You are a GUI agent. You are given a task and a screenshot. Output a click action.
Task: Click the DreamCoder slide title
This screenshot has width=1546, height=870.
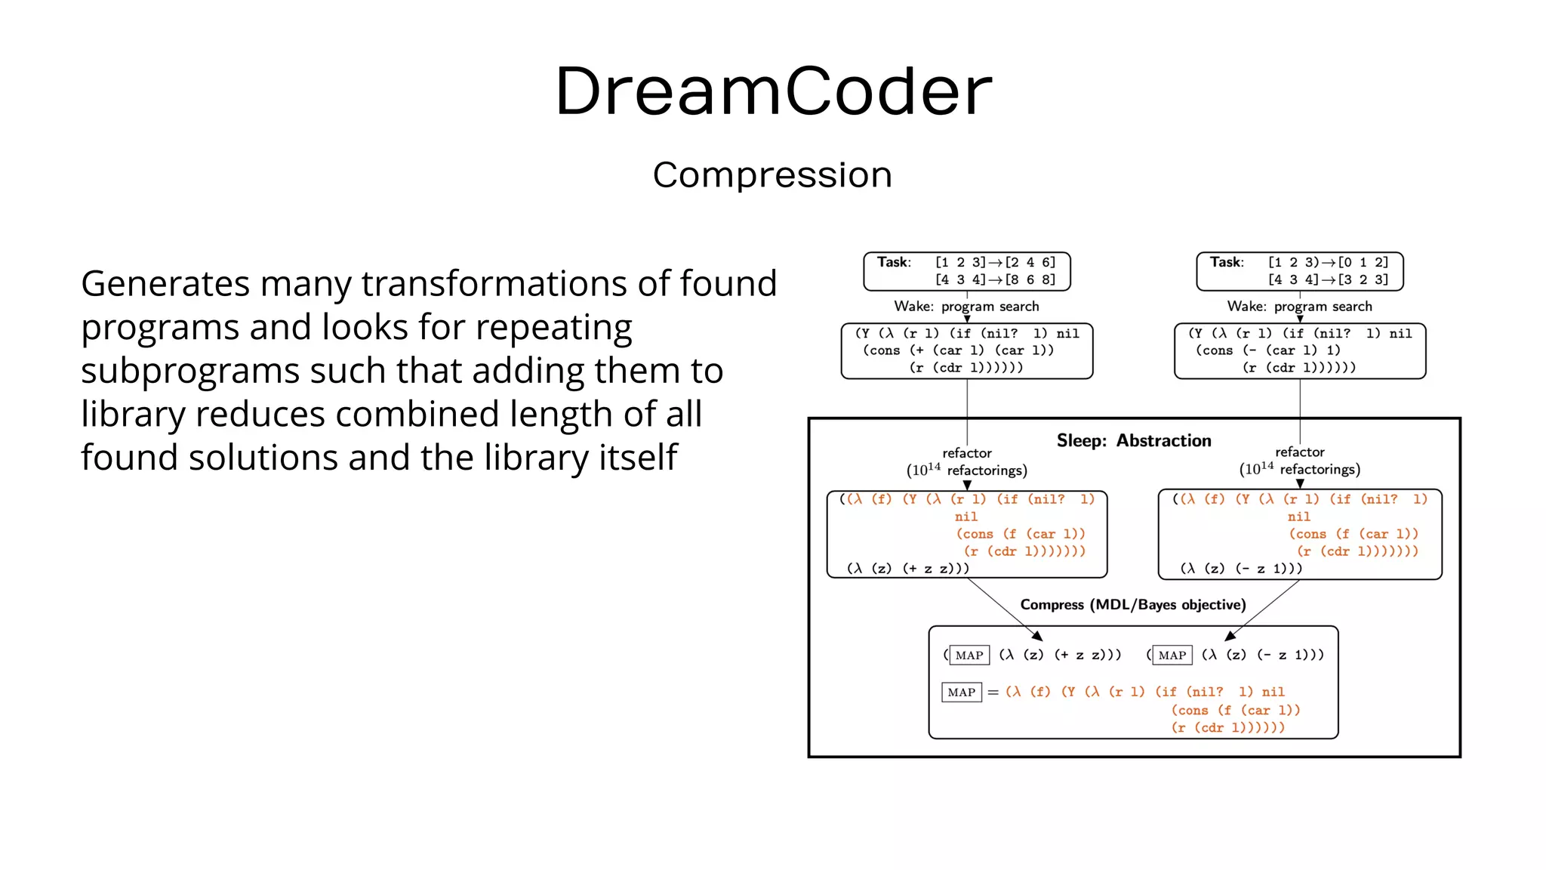(773, 91)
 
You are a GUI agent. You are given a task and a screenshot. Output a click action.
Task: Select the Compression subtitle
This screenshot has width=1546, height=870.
(772, 175)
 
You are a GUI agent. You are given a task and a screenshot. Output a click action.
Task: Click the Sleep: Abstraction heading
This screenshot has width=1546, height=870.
(1133, 440)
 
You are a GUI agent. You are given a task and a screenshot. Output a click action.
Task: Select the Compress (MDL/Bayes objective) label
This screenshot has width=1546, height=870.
(1132, 604)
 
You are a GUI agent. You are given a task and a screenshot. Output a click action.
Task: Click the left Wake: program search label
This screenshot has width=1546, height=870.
(966, 306)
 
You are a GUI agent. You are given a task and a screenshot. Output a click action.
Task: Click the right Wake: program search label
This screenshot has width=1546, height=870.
(1299, 306)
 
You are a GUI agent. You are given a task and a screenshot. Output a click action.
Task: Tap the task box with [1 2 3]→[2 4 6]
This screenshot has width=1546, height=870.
(967, 271)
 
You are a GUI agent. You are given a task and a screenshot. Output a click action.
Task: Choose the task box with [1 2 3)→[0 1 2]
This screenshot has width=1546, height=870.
(1299, 271)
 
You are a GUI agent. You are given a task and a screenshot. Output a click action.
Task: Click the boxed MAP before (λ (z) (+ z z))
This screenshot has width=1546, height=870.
(969, 655)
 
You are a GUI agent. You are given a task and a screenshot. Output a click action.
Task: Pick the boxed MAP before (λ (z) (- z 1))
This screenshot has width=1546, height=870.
(1172, 655)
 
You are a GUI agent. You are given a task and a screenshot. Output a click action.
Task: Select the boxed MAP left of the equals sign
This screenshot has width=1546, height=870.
(961, 692)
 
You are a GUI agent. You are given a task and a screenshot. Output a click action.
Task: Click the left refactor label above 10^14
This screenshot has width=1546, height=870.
(966, 452)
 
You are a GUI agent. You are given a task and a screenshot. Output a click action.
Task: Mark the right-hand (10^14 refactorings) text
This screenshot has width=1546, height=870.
(1299, 469)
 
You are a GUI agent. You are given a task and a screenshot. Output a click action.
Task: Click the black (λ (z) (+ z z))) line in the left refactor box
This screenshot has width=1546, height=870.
(907, 569)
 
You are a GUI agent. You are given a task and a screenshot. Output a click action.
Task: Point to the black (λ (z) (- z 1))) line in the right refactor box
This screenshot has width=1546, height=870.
(1241, 569)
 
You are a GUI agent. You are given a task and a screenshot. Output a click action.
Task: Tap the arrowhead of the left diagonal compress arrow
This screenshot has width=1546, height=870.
(1038, 636)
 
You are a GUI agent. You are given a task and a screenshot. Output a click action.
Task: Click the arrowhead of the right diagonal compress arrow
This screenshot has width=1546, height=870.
(1230, 636)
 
